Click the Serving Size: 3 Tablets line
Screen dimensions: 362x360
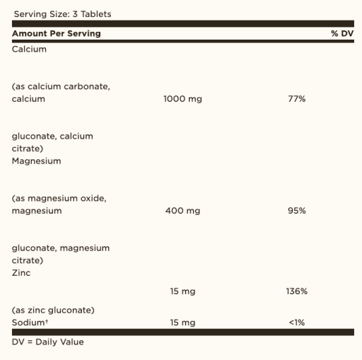[62, 14]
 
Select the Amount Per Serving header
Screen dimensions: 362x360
[57, 33]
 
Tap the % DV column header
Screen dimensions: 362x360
[341, 33]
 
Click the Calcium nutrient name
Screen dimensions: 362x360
[29, 49]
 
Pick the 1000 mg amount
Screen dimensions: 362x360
[182, 99]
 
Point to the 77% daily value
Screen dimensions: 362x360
[296, 99]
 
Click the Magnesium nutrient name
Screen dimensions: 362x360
[36, 161]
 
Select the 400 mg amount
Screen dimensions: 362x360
[182, 211]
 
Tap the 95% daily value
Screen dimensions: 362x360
[296, 211]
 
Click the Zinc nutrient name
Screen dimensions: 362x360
[21, 272]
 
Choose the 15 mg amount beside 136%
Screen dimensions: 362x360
[182, 291]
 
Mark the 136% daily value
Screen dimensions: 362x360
[296, 291]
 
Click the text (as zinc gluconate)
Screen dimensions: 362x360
[53, 310]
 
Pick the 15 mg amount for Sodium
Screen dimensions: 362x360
[182, 323]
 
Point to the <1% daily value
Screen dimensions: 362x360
[296, 323]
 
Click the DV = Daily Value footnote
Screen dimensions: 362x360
[47, 342]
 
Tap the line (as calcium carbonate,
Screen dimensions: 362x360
[61, 86]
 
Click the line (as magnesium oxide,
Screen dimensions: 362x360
[59, 198]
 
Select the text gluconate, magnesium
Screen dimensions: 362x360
[61, 248]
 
